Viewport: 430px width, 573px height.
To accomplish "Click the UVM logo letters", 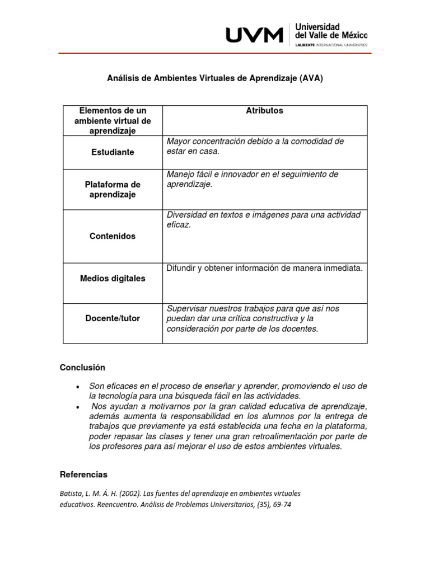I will coord(254,35).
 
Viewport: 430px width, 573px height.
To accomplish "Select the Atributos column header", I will coord(264,111).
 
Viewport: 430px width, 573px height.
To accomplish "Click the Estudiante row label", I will coord(113,152).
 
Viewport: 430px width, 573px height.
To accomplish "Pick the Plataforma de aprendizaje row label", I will coord(113,190).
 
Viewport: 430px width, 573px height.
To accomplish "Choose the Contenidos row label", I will coord(113,236).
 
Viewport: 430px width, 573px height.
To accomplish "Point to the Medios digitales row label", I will coord(113,278).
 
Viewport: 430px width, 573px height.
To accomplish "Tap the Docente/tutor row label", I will coord(113,318).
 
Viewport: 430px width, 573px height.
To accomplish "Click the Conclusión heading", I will coord(82,368).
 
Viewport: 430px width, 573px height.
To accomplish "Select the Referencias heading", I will coord(83,475).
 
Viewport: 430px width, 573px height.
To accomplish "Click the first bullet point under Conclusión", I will coord(78,387).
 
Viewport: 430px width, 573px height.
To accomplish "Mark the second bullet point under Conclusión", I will coord(78,407).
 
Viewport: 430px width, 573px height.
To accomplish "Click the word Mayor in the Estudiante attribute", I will coord(179,142).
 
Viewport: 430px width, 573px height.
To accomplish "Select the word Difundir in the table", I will coord(181,268).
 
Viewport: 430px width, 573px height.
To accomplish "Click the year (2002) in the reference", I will coord(128,494).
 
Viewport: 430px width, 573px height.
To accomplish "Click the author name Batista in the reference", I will coord(72,494).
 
